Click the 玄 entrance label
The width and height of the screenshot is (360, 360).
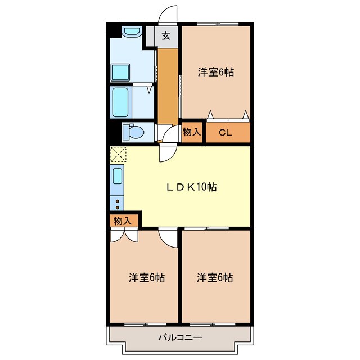166,37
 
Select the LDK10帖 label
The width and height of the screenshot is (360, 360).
192,187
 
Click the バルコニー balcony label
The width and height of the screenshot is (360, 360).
179,337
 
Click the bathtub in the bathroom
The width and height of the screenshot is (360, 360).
122,101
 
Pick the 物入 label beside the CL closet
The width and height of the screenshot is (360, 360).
192,132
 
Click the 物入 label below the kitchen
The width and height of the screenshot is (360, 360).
122,220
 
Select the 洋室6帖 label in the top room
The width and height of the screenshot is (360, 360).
215,72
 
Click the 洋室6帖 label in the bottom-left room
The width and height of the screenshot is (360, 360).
146,277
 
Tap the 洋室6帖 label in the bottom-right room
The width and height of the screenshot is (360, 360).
215,277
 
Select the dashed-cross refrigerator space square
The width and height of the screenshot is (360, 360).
118,154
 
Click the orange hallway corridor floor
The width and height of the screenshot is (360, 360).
166,84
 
